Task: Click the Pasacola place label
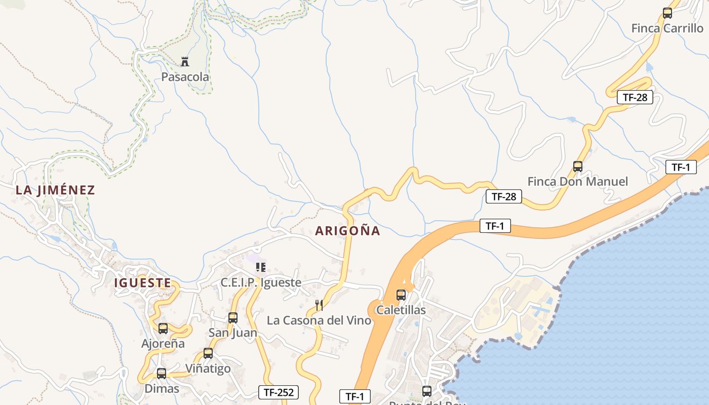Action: click(185, 77)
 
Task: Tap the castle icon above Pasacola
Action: click(185, 62)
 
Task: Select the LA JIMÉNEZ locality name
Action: click(55, 190)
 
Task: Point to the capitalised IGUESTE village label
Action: click(143, 282)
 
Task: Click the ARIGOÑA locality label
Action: click(347, 231)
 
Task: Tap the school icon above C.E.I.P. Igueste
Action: click(261, 267)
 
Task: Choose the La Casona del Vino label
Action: click(319, 320)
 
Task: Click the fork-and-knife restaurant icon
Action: click(319, 305)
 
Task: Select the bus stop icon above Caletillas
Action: click(401, 295)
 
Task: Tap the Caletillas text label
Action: click(401, 310)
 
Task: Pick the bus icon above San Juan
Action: click(233, 318)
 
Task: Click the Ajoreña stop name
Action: click(163, 344)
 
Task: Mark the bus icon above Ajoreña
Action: click(163, 329)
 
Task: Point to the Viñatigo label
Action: click(208, 369)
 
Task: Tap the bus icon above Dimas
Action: click(162, 374)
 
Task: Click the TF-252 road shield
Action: click(279, 392)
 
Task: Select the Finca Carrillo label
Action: click(667, 28)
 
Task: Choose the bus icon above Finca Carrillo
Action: click(667, 13)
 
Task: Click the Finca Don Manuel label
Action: click(578, 181)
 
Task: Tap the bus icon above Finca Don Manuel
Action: click(578, 166)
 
